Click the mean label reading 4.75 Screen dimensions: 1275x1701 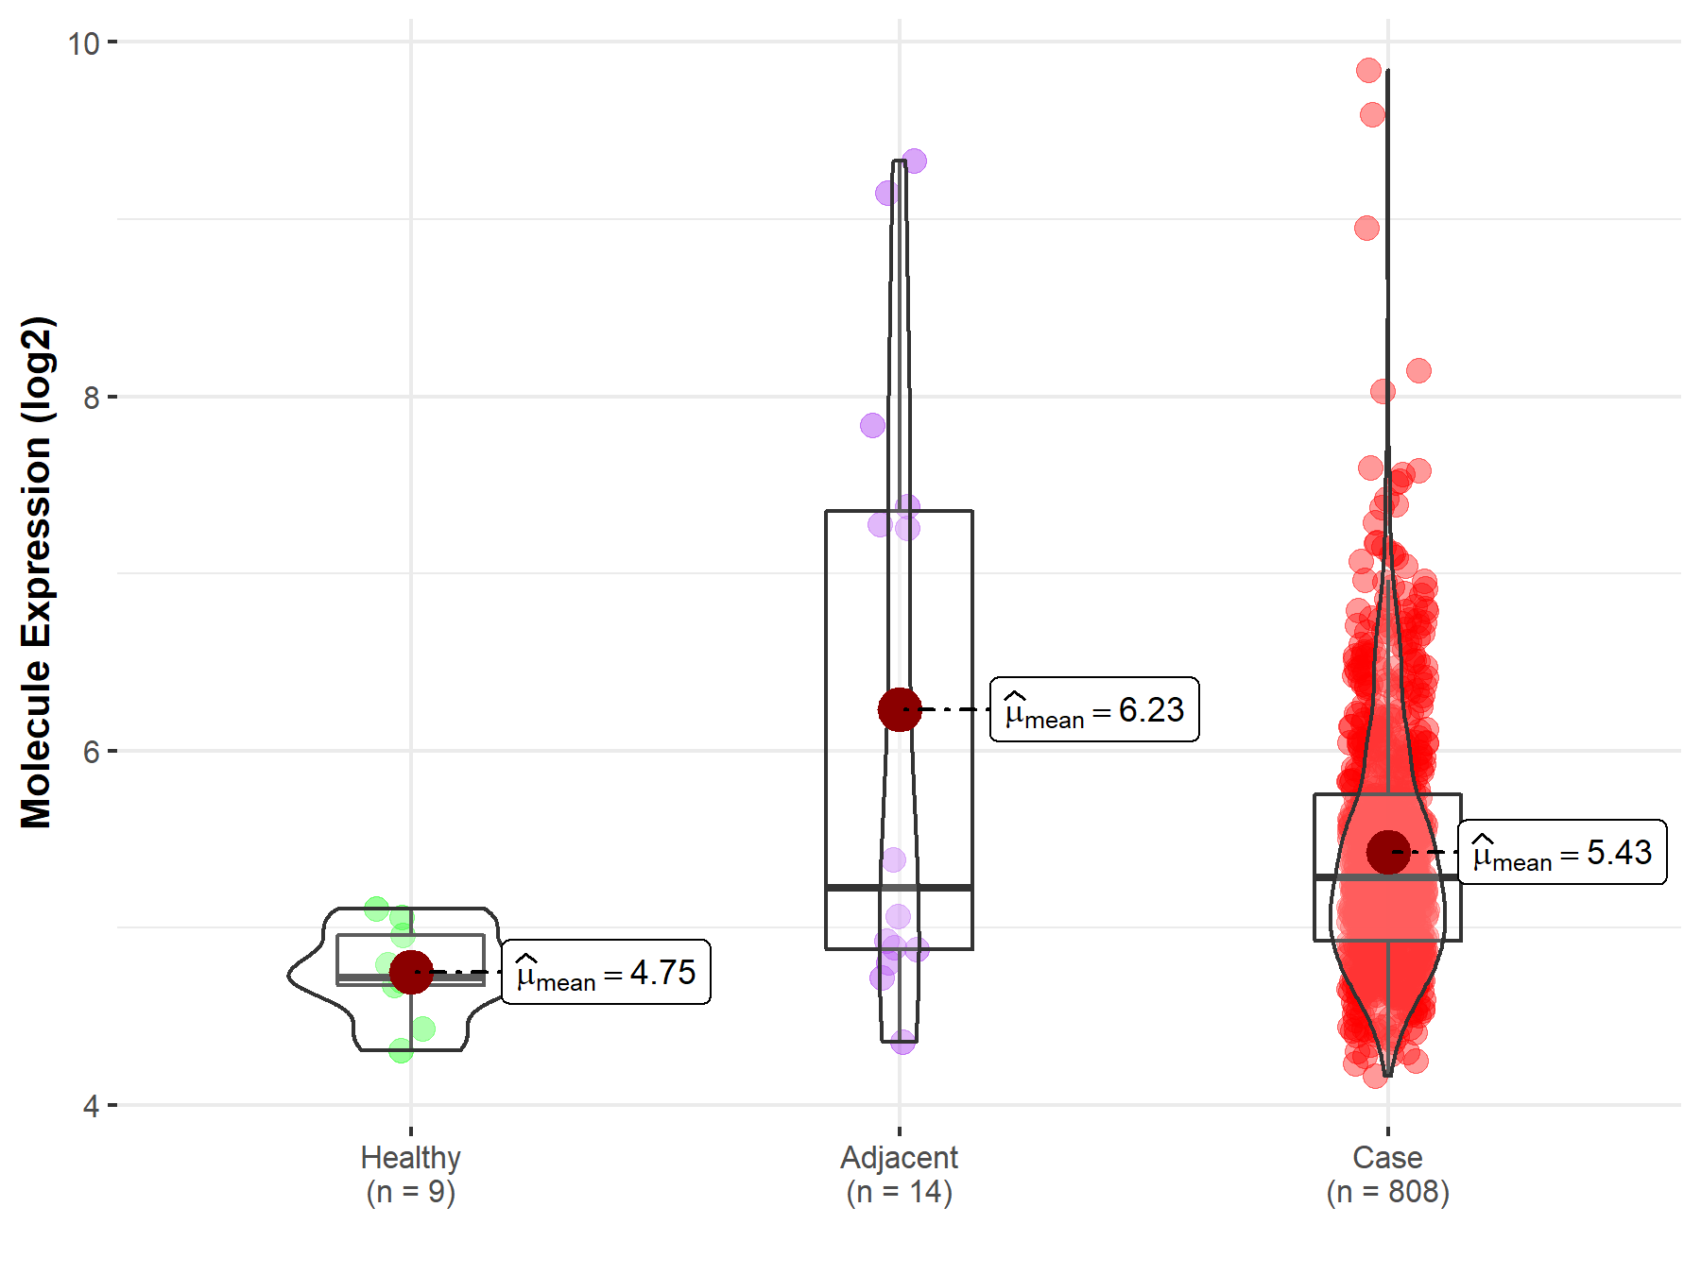(x=606, y=972)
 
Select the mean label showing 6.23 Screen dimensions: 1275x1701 (x=1094, y=709)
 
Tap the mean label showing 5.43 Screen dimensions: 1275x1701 (x=1562, y=852)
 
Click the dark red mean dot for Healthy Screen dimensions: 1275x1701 (x=411, y=972)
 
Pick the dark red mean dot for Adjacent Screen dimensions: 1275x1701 (x=900, y=709)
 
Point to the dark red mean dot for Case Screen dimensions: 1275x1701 (x=1388, y=852)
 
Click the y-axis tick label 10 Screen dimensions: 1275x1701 (x=83, y=42)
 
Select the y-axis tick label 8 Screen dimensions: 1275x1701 (x=91, y=398)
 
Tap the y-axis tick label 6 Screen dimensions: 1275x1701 (x=91, y=752)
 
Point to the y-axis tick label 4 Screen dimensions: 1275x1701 (x=91, y=1106)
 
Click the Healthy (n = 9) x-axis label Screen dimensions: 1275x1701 (x=411, y=1174)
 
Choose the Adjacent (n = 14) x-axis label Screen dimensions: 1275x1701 (x=900, y=1174)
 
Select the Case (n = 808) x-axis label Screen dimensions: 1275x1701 (x=1388, y=1174)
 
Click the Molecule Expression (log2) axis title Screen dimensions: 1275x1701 (x=36, y=572)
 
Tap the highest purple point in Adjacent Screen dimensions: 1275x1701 (x=914, y=161)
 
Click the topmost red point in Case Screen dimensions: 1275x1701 (x=1368, y=70)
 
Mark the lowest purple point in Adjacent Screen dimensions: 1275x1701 (x=903, y=1042)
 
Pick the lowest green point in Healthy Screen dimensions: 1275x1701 (x=401, y=1050)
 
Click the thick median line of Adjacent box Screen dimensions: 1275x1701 (x=900, y=887)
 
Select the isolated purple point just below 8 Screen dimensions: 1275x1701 (x=873, y=425)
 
